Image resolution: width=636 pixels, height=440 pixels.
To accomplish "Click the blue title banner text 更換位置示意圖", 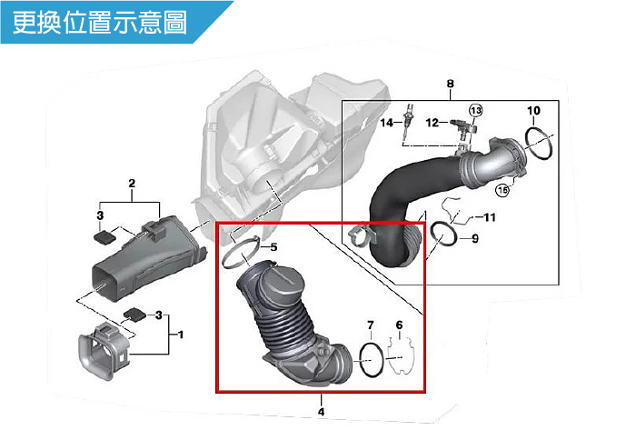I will [102, 22].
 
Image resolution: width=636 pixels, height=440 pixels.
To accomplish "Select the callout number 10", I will [533, 111].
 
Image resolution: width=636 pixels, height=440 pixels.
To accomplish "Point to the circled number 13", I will [475, 109].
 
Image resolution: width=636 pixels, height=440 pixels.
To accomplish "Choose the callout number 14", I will [386, 123].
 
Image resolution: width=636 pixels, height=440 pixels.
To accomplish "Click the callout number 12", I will [433, 122].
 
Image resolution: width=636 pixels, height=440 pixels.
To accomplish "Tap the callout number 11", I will [490, 217].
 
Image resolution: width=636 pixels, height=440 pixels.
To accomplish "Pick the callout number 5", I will [274, 246].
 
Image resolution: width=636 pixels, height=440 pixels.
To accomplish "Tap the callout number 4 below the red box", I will [321, 411].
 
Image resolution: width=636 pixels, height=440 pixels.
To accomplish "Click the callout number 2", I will [132, 185].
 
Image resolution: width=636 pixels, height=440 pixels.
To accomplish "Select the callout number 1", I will [181, 335].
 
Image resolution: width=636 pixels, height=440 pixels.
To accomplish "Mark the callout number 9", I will [474, 238].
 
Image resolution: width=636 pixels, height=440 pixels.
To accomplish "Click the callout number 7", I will [370, 325].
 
